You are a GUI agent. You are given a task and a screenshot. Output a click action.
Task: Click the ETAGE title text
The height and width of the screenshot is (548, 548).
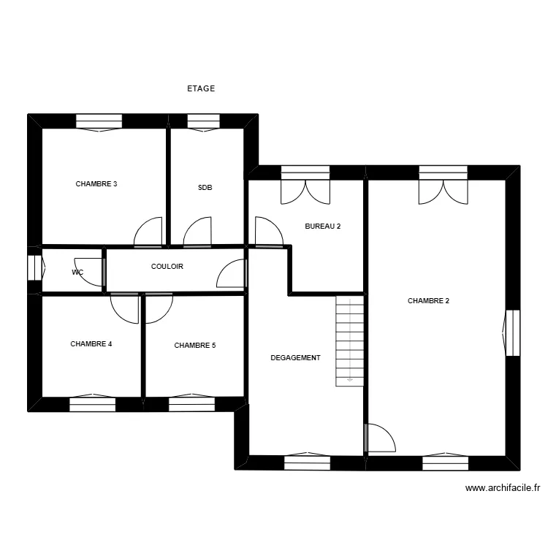click(201, 88)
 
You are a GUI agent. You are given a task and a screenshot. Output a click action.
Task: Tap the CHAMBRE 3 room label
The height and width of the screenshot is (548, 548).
click(96, 184)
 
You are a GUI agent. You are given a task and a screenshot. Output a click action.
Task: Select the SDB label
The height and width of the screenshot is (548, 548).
click(205, 188)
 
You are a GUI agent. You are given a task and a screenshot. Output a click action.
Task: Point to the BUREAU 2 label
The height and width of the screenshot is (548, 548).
click(322, 227)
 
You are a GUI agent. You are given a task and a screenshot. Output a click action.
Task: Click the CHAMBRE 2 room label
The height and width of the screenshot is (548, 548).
click(428, 300)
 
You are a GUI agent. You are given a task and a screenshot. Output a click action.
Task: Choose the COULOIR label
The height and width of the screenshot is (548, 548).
click(167, 267)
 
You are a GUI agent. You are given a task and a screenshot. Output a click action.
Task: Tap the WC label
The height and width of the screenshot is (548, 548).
click(77, 273)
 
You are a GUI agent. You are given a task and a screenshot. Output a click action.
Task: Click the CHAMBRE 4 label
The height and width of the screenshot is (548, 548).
click(91, 343)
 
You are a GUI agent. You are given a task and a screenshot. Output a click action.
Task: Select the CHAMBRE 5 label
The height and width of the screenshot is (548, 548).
click(194, 346)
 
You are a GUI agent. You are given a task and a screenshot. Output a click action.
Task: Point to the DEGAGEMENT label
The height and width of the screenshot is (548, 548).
click(295, 358)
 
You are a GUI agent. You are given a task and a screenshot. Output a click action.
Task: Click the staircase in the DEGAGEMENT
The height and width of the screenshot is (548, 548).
click(349, 340)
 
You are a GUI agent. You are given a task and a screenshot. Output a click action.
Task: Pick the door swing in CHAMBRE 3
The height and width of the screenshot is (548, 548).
click(148, 232)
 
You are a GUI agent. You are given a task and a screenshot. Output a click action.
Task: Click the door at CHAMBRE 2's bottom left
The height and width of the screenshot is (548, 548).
click(379, 438)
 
